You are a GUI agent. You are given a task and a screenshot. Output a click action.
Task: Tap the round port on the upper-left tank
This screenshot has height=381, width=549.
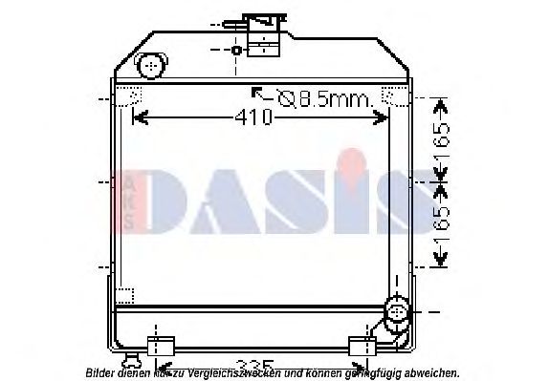tap(150, 67)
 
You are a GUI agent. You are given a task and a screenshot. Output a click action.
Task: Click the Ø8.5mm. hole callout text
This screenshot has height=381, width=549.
tap(325, 96)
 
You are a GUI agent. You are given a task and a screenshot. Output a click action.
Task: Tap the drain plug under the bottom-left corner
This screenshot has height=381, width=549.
tap(132, 360)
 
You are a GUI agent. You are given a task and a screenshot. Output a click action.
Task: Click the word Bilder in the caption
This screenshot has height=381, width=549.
tap(102, 373)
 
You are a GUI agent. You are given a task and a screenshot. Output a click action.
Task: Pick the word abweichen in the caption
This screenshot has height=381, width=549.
tap(430, 373)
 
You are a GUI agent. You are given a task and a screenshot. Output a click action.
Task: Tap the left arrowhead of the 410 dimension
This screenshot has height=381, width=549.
tap(137, 118)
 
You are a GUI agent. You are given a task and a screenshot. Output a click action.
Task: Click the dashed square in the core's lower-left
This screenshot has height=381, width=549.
tap(125, 295)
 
